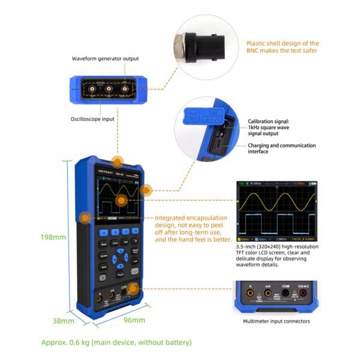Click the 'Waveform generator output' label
105,59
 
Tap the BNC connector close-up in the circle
203,46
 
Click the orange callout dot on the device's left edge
86,218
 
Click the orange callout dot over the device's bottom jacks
133,289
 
